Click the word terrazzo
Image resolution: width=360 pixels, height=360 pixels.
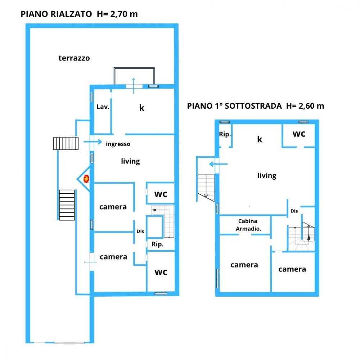(x=74, y=58)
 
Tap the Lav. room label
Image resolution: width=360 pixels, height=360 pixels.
(x=103, y=107)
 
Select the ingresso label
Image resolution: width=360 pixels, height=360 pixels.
(x=118, y=144)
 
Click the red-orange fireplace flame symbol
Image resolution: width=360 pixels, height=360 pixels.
(x=86, y=179)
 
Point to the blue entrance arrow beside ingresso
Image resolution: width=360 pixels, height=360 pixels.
(x=93, y=141)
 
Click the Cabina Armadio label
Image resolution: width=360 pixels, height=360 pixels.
(x=248, y=225)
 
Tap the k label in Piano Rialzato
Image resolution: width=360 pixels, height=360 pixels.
(x=141, y=108)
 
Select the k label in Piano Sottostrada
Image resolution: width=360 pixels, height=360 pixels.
(x=260, y=139)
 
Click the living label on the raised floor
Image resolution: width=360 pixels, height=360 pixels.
(x=130, y=161)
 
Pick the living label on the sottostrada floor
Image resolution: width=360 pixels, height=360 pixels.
(x=267, y=176)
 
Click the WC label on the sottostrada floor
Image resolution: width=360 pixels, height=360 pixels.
(x=299, y=134)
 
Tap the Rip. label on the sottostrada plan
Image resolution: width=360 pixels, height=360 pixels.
(x=225, y=134)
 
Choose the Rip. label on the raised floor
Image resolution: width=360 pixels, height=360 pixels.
(x=158, y=244)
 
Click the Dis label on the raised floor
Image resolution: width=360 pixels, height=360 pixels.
(x=140, y=231)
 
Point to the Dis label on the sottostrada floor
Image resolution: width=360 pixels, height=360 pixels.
(x=294, y=211)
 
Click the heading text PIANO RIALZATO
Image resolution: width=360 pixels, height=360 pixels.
(x=56, y=14)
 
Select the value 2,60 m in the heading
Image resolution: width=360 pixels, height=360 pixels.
(x=311, y=106)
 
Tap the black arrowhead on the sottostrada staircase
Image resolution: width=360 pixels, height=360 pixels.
(x=309, y=237)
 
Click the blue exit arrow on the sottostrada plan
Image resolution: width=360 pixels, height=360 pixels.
(x=219, y=164)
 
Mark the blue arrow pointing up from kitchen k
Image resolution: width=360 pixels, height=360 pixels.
(x=134, y=86)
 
